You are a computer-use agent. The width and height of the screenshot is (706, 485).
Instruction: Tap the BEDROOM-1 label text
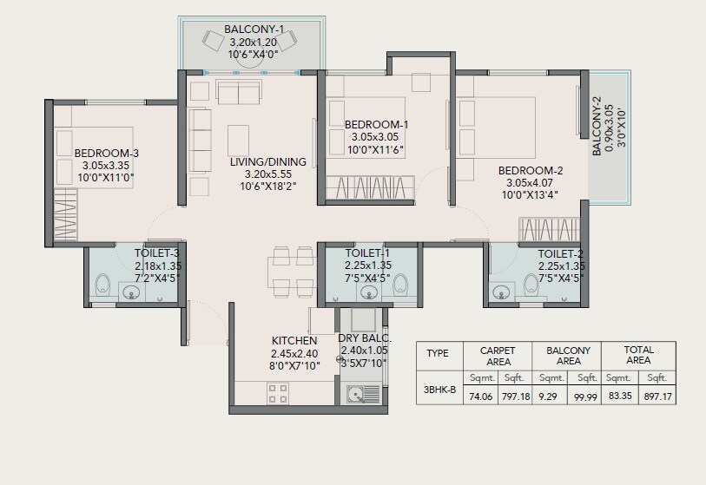point(376,124)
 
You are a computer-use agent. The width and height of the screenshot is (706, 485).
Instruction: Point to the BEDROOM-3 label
point(107,153)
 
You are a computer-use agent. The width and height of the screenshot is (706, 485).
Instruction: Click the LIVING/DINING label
point(267,161)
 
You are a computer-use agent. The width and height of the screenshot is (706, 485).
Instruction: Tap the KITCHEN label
point(294,341)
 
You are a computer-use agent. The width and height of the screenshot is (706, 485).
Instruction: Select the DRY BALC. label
point(365,338)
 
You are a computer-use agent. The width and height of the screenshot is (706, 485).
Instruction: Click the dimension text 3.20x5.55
point(267,174)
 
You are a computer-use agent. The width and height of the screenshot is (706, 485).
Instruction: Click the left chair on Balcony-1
point(214,39)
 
